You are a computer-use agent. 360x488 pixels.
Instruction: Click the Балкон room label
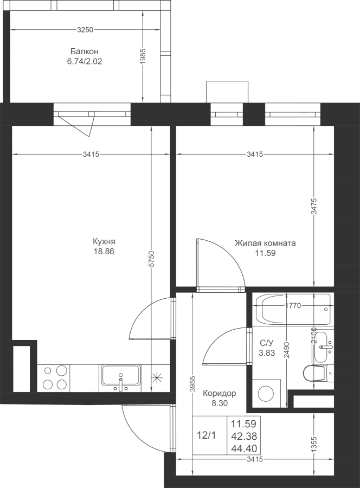point(85,51)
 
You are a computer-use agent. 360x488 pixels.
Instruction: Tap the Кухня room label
point(104,241)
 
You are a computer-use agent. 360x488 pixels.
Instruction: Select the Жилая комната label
point(265,243)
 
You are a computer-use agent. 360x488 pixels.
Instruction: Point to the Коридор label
point(220,394)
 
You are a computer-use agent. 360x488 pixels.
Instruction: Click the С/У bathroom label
point(267,343)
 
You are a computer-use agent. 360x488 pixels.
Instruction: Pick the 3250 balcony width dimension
point(85,30)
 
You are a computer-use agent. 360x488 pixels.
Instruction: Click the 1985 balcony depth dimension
point(143,56)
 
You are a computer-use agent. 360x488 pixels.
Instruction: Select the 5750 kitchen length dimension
point(151,258)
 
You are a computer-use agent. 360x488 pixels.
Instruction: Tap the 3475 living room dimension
point(313,206)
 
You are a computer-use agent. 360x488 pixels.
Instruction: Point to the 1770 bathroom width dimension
point(293,306)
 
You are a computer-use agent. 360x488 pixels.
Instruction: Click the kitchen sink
point(121,378)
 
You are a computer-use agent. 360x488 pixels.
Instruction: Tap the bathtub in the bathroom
point(293,310)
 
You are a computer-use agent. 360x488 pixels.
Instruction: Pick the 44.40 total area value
point(244,448)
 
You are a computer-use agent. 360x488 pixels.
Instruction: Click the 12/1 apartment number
point(206,435)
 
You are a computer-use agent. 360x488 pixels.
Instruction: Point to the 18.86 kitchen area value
point(104,251)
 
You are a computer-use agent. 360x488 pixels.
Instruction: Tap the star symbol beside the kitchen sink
point(157,378)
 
